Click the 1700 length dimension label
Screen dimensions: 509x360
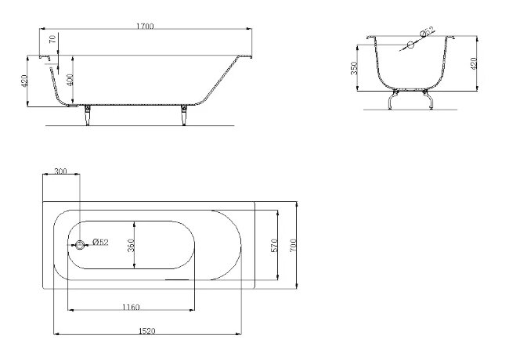pos(145,27)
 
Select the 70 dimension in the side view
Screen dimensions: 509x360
pos(52,39)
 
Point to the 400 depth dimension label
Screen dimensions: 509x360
pos(70,80)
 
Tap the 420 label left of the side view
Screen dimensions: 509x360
pos(24,81)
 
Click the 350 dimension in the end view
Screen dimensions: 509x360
pos(354,68)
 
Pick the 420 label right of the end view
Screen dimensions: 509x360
pos(473,63)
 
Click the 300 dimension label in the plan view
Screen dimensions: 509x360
pos(61,171)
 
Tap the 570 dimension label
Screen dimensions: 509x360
pos(274,246)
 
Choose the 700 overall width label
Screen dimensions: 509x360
pos(293,246)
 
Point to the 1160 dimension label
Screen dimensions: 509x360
pos(131,307)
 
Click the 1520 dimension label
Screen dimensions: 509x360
pos(147,331)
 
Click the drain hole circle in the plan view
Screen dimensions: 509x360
pos(80,245)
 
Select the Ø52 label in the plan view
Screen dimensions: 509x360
pos(100,242)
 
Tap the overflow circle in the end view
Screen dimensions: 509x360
pos(410,45)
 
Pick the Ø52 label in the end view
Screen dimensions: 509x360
pos(427,31)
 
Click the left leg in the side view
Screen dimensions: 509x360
pos(88,115)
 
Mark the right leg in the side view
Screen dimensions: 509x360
pos(184,115)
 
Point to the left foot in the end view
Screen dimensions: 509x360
pos(393,99)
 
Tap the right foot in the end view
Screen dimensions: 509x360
pos(428,99)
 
